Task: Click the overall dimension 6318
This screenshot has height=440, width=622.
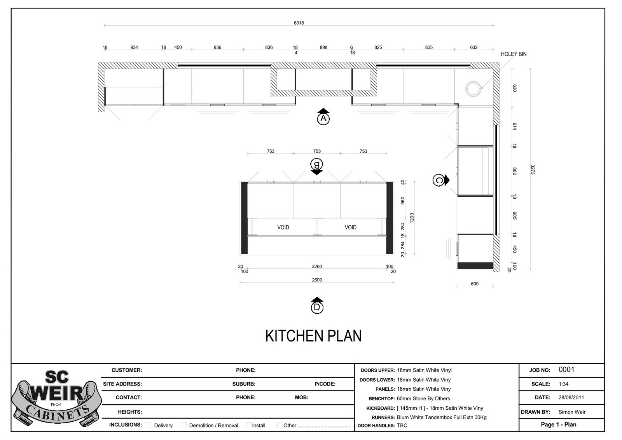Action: pyautogui.click(x=299, y=23)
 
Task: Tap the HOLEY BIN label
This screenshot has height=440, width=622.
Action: pyautogui.click(x=513, y=54)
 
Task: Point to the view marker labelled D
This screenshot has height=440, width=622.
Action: pyautogui.click(x=317, y=307)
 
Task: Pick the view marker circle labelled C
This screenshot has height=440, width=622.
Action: pyautogui.click(x=438, y=180)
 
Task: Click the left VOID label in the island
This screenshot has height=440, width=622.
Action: pyautogui.click(x=283, y=227)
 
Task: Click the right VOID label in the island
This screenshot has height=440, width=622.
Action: pyautogui.click(x=350, y=227)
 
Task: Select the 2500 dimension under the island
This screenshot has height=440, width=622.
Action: pyautogui.click(x=317, y=280)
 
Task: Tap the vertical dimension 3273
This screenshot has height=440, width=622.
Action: pyautogui.click(x=532, y=169)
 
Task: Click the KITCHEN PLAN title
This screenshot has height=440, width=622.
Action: pyautogui.click(x=313, y=336)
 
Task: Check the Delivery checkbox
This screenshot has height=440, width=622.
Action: pyautogui.click(x=149, y=425)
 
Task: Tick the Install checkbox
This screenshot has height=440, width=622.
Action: pyautogui.click(x=248, y=425)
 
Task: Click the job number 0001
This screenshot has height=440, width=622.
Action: pyautogui.click(x=566, y=370)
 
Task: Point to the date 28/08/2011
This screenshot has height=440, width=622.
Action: pyautogui.click(x=571, y=397)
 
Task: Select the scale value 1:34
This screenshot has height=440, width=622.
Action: pyautogui.click(x=563, y=384)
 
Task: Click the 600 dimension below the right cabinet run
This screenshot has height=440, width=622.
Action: pyautogui.click(x=475, y=284)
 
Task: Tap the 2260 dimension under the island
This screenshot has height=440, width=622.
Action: pyautogui.click(x=317, y=266)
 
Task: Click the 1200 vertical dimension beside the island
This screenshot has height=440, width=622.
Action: pyautogui.click(x=412, y=217)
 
